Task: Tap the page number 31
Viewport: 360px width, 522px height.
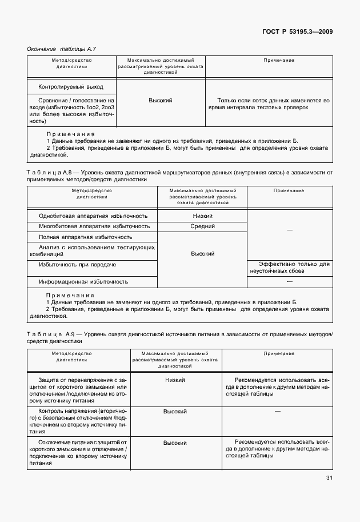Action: [x=329, y=478]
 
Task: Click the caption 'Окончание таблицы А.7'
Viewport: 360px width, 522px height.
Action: [x=57, y=49]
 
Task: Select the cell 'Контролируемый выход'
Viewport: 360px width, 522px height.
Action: [x=71, y=87]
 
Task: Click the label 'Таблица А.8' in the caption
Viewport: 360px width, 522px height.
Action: [x=48, y=172]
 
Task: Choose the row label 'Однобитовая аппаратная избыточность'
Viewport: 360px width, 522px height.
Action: [x=93, y=216]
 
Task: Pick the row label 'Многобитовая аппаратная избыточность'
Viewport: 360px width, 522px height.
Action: [x=93, y=226]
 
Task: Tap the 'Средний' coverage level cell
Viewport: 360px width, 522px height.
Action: [x=202, y=226]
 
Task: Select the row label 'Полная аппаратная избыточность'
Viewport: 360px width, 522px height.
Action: [x=85, y=237]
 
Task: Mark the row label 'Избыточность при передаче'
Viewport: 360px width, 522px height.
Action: [x=77, y=265]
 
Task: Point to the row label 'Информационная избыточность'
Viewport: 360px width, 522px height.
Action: [x=83, y=282]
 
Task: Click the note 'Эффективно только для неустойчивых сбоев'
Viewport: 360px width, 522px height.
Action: [x=289, y=268]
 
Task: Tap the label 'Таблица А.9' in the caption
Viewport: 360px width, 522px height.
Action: [x=48, y=333]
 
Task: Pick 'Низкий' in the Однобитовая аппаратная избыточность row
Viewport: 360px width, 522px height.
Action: [x=202, y=216]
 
